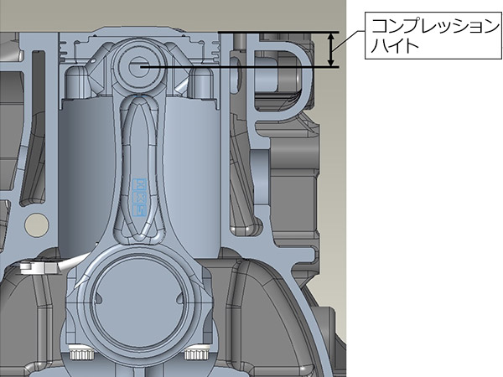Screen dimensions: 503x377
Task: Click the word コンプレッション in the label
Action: tap(435, 26)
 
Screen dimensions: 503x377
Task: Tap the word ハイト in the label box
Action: tap(395, 45)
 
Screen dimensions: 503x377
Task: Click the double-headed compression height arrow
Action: tap(332, 49)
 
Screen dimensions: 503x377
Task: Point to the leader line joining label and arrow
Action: tap(349, 41)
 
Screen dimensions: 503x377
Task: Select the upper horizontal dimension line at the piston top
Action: tap(278, 32)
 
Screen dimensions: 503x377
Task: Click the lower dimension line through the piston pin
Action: tap(239, 67)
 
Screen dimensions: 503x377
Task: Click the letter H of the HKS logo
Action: tap(139, 184)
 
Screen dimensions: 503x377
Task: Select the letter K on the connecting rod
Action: tap(139, 197)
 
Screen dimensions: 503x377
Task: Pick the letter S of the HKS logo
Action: tap(139, 210)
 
